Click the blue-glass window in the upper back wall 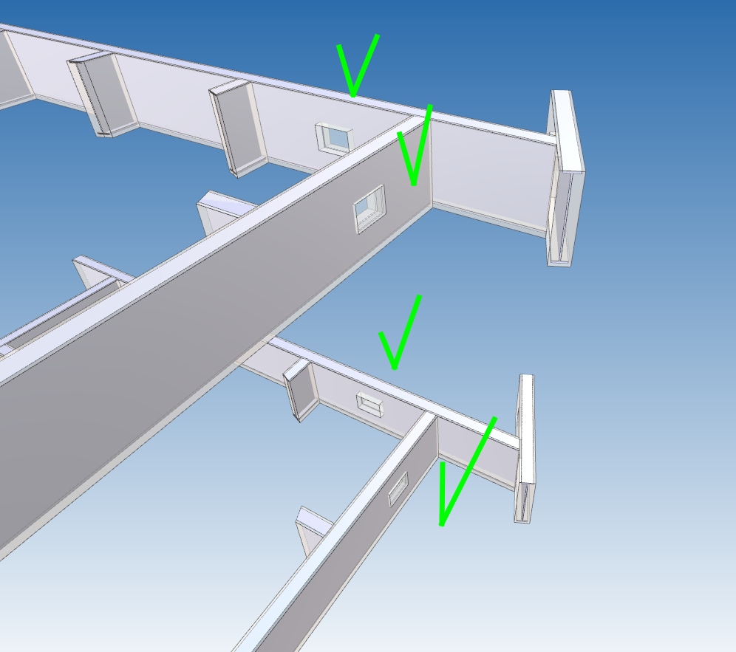pos(335,137)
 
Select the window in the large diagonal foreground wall pos(369,208)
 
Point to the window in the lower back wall pos(369,403)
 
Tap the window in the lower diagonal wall pos(398,487)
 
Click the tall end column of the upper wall pos(566,177)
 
